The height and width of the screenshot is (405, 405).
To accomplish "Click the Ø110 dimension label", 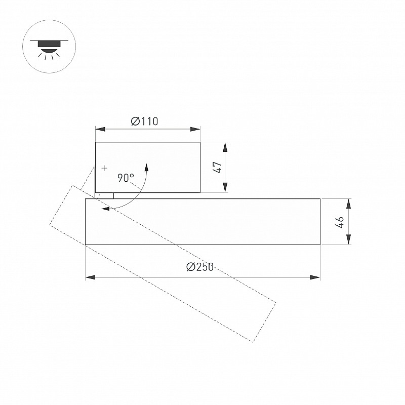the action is pyautogui.click(x=144, y=121).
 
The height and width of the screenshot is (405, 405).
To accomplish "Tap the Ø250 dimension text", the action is pyautogui.click(x=200, y=267).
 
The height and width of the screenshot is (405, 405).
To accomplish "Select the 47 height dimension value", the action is pyautogui.click(x=218, y=167).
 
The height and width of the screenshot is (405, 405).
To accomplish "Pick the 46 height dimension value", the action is pyautogui.click(x=340, y=222).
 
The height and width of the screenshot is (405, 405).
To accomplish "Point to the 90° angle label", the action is pyautogui.click(x=126, y=178).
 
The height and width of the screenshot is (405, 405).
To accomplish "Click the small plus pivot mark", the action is pyautogui.click(x=104, y=168).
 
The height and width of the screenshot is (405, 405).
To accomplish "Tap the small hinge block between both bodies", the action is pyautogui.click(x=104, y=196).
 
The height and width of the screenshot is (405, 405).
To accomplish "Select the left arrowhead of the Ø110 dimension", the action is pyautogui.click(x=100, y=129).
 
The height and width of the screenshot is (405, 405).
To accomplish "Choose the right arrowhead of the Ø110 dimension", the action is pyautogui.click(x=195, y=129).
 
